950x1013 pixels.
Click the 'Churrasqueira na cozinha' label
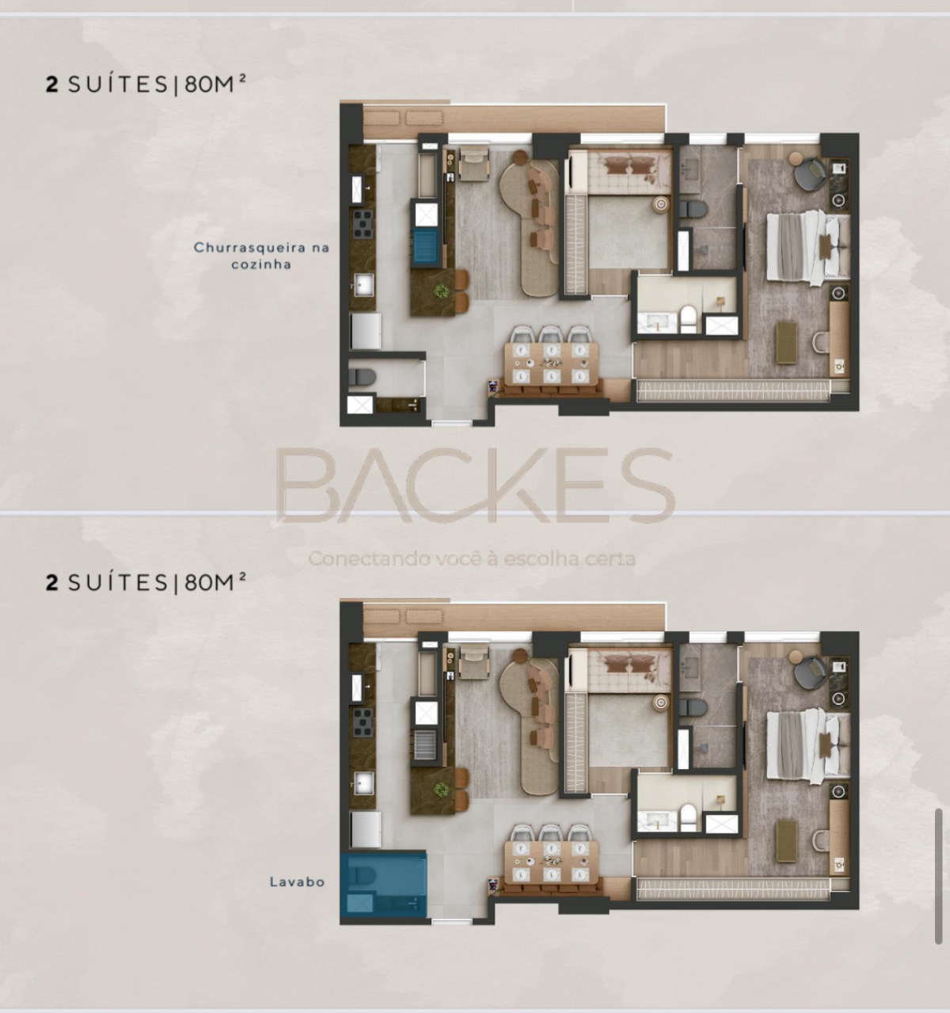click(261, 256)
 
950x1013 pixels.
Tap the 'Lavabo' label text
click(298, 882)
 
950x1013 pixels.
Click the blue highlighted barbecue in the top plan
click(425, 247)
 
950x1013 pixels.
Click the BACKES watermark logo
click(475, 485)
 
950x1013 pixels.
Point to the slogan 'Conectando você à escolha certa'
click(472, 558)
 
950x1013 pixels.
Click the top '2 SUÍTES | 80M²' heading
click(146, 84)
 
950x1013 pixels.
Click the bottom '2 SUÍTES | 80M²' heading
click(146, 582)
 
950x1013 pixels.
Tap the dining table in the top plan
click(551, 364)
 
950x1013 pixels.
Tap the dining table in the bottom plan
click(551, 862)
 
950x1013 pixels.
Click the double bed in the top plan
click(808, 247)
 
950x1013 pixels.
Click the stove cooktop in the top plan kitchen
click(363, 224)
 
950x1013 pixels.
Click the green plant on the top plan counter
click(441, 291)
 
